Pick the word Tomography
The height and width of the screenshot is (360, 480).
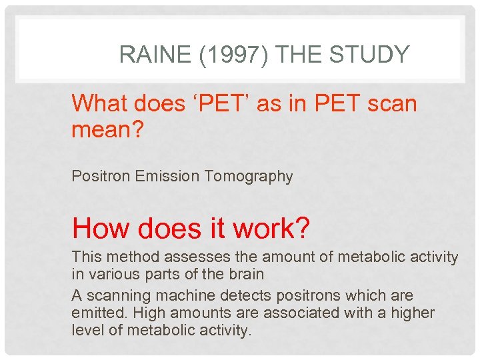point(249,177)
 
